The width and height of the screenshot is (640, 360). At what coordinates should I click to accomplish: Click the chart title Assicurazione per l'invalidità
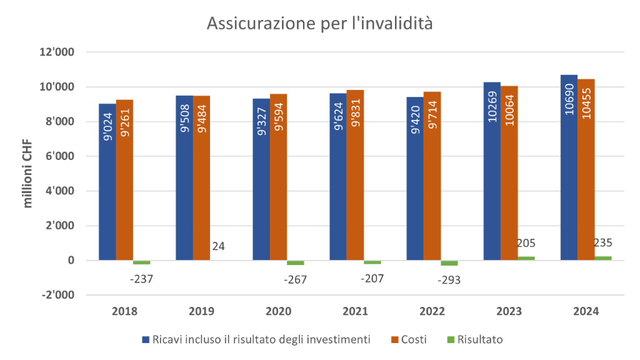(319, 24)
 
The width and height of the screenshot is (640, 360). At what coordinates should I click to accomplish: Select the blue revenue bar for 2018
(107, 181)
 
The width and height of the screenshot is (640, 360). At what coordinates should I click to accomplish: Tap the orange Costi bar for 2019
(202, 177)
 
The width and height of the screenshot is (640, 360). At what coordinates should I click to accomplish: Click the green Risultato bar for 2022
(449, 263)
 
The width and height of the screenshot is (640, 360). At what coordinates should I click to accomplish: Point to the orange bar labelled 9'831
(356, 174)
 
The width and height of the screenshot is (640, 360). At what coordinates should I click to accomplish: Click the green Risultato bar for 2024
(603, 257)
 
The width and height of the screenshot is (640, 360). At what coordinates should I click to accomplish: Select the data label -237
(141, 279)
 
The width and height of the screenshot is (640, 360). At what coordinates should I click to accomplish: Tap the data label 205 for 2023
(526, 243)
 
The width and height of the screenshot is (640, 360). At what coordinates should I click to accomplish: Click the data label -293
(449, 280)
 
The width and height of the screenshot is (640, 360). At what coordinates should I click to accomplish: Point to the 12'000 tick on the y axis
(57, 52)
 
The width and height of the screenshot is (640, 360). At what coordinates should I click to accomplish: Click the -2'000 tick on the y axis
(57, 295)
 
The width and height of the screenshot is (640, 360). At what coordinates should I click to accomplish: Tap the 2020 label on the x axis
(279, 311)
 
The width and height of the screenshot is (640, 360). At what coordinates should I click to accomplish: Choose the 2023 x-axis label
(509, 311)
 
